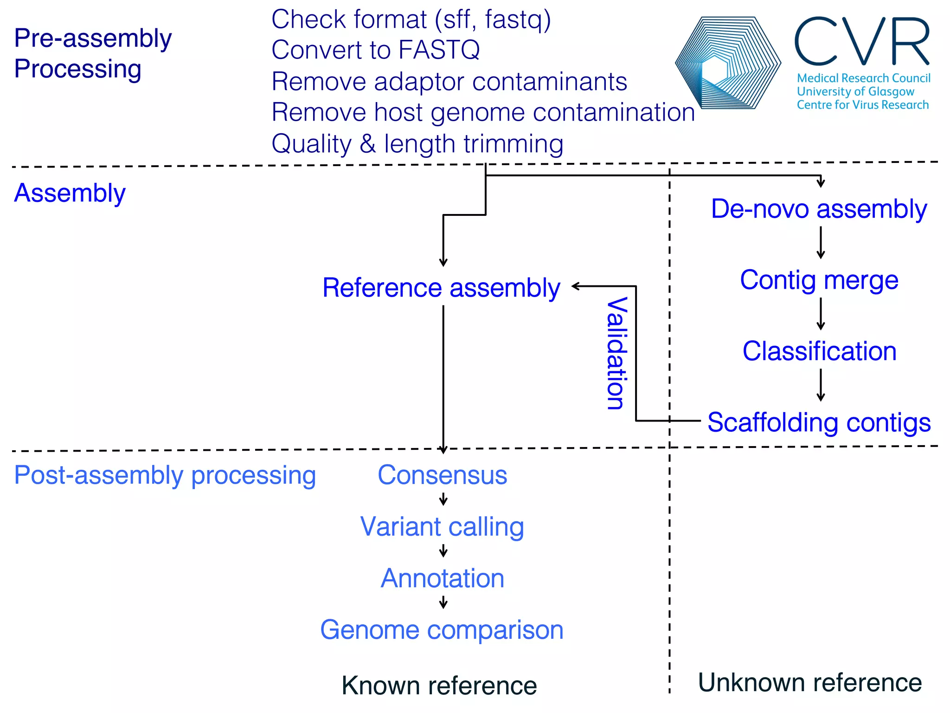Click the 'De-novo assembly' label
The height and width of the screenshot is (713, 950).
pos(819,209)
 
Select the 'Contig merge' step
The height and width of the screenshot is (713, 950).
pos(819,280)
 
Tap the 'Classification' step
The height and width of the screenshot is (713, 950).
pos(819,351)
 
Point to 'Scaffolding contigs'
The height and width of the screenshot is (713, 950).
pos(819,422)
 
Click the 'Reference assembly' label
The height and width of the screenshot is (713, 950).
pos(441,288)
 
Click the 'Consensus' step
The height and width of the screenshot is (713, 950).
pos(443,475)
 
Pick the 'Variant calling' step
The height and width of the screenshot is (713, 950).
pos(442,527)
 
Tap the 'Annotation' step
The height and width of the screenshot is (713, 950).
pos(443,578)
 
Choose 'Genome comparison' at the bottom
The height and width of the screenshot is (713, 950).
pos(442,630)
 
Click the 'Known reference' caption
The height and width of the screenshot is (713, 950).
pos(439,686)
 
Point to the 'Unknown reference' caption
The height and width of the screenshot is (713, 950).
pos(810,682)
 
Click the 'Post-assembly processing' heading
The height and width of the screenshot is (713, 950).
pos(165,475)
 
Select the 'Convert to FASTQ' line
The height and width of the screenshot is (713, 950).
pos(376,50)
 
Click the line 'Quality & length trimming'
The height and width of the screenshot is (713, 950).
pos(417,143)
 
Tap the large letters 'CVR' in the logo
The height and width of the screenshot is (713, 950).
pos(862,42)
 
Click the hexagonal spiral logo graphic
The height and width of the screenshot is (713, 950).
pos(727,63)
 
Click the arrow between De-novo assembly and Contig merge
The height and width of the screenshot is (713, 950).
pos(821,243)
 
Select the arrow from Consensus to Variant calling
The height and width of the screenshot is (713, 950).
pos(443,500)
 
